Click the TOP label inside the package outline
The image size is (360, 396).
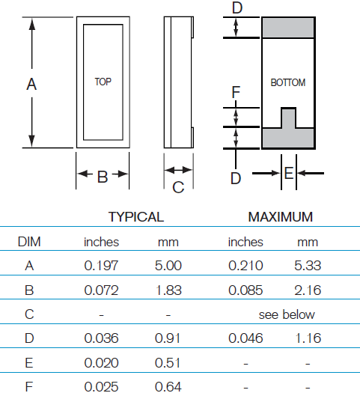[103, 82]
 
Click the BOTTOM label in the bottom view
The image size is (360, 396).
[288, 82]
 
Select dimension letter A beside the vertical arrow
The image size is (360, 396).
[31, 84]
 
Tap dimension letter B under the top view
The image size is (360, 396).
[103, 177]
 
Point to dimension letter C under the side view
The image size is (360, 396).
[178, 187]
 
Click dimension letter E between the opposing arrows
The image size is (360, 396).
[289, 173]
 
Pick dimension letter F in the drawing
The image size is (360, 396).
[236, 92]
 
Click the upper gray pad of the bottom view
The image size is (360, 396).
[288, 28]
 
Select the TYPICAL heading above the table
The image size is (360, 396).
[136, 217]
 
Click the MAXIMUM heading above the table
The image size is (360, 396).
[281, 217]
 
